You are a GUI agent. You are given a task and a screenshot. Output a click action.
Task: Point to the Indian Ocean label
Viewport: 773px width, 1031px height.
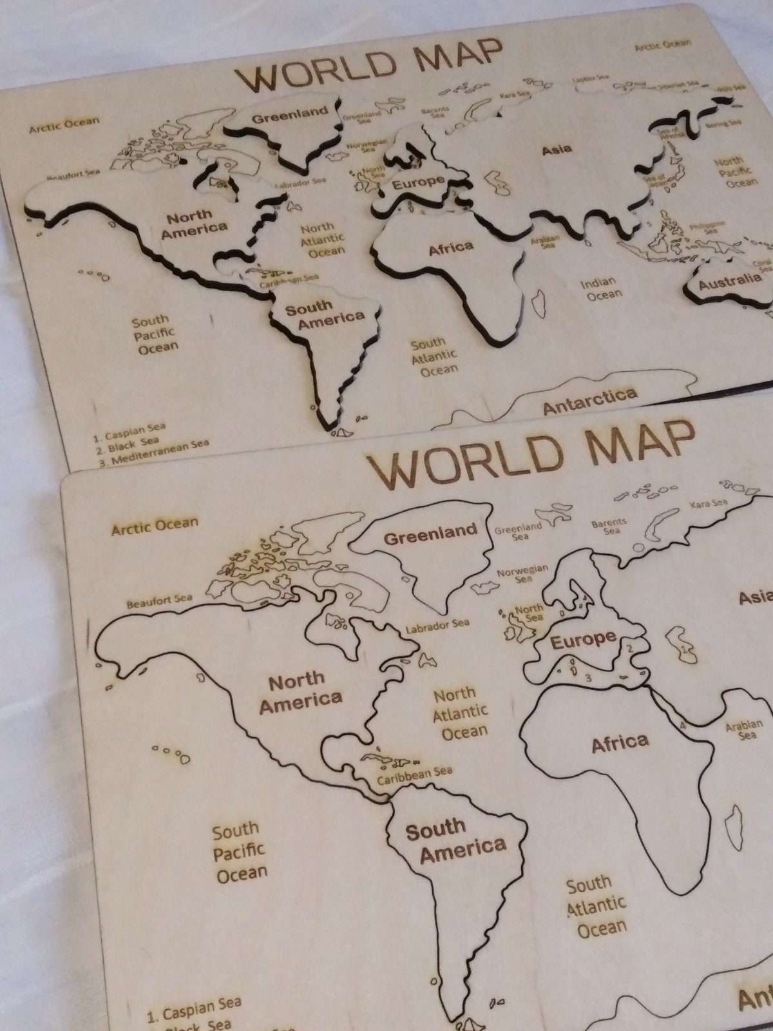click(602, 289)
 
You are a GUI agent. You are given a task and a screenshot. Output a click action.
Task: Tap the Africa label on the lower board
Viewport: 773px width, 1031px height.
click(620, 743)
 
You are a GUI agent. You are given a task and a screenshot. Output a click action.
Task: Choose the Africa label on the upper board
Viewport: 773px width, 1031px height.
click(451, 247)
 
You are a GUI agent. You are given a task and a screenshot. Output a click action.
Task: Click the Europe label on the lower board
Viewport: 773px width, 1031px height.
click(583, 639)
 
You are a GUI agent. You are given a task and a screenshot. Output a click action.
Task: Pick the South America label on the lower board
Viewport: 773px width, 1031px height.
click(454, 840)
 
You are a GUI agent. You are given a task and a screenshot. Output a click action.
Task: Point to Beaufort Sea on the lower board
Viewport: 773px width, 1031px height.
click(159, 601)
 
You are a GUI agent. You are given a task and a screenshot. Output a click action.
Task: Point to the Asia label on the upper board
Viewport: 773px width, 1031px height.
click(557, 149)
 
